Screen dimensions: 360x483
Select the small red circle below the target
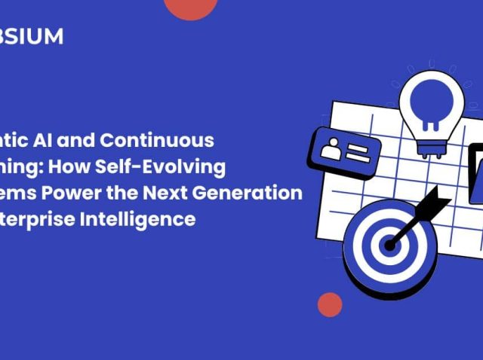(329, 304)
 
